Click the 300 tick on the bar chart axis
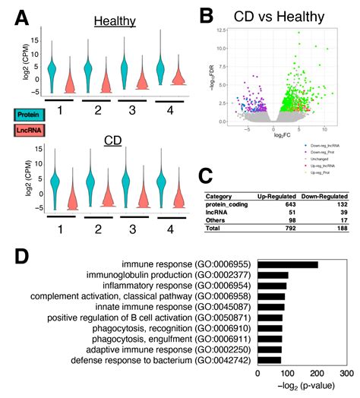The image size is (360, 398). pyautogui.click(x=346, y=374)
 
